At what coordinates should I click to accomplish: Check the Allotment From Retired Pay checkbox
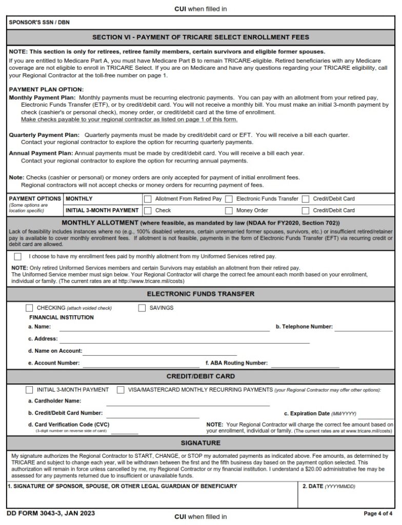(x=148, y=199)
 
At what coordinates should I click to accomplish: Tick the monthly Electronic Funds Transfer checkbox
(x=229, y=199)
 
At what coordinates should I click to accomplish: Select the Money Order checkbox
(x=229, y=210)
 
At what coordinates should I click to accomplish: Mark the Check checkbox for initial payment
(x=148, y=210)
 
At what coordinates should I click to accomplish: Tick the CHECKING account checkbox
(x=29, y=308)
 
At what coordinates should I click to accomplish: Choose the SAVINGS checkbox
(x=142, y=308)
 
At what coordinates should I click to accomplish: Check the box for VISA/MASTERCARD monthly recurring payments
(x=120, y=390)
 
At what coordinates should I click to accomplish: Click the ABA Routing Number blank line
(x=305, y=364)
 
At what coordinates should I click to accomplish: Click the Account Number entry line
(x=141, y=364)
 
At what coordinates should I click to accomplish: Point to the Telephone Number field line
(x=364, y=327)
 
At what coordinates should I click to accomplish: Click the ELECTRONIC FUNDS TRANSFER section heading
(x=200, y=294)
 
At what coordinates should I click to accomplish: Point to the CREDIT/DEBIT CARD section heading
(x=200, y=376)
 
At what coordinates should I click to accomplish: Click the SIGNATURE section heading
(x=200, y=442)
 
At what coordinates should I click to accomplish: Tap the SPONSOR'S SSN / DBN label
(x=32, y=23)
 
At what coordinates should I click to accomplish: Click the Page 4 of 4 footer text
(x=378, y=513)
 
